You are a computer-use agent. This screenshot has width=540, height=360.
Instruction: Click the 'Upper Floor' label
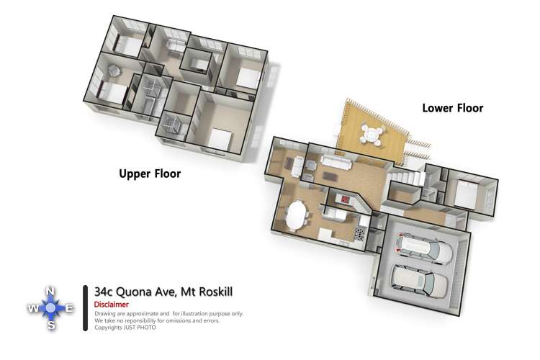(x=150, y=174)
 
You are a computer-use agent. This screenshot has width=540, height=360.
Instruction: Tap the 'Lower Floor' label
(x=452, y=108)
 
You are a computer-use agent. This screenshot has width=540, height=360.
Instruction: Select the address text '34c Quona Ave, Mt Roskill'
(x=163, y=291)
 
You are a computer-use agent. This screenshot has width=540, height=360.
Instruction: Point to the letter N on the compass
(x=50, y=291)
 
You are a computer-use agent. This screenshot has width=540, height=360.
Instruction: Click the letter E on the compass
(x=69, y=308)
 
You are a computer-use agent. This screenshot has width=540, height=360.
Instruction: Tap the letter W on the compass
(x=32, y=308)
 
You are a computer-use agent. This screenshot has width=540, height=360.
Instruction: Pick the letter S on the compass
(x=50, y=326)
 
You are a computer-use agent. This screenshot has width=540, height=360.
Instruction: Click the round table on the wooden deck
(x=374, y=134)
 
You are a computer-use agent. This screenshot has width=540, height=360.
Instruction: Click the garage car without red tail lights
(x=419, y=279)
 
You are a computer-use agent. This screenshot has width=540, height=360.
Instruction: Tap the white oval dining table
(x=297, y=216)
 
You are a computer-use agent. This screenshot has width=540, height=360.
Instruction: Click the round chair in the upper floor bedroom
(x=114, y=70)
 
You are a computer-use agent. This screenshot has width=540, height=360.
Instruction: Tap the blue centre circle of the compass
(x=50, y=308)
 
